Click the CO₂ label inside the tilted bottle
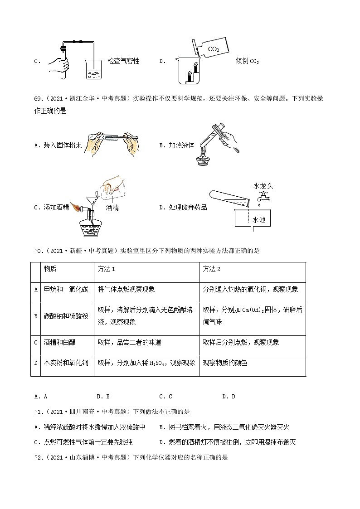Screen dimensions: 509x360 click(213, 48)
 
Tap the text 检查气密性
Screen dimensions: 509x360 click(123, 61)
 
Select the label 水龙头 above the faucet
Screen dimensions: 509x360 click(263, 186)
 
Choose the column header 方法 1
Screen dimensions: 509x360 click(107, 269)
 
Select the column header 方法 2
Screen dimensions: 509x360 click(212, 269)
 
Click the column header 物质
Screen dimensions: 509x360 click(50, 269)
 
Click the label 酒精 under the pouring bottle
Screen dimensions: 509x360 click(112, 208)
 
